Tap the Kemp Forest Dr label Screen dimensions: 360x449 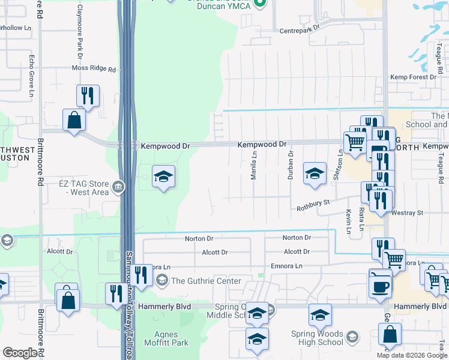click(413, 77)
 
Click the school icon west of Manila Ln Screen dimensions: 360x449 click(163, 177)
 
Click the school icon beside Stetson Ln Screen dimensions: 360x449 click(315, 174)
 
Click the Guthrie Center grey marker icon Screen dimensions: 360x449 click(161, 280)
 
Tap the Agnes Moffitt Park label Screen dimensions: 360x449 click(163, 337)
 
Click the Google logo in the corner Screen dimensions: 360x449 click(20, 353)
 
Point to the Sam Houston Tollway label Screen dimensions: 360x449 click(128, 300)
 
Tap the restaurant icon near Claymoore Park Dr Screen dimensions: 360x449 click(88, 95)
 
